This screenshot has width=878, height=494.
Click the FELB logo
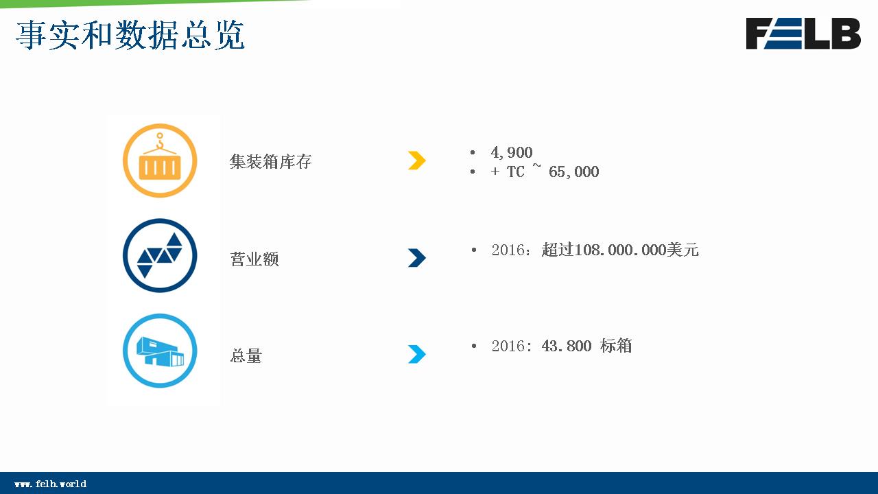803,34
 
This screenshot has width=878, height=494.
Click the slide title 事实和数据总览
130,35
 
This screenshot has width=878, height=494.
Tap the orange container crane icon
160,161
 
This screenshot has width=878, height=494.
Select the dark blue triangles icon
160,256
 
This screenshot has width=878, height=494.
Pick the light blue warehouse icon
160,351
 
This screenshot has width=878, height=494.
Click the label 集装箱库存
270,161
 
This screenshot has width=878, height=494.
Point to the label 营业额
254,259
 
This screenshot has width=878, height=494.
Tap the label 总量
246,355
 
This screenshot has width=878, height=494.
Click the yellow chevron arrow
416,161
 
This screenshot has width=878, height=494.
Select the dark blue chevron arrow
416,257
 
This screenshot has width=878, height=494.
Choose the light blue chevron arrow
416,354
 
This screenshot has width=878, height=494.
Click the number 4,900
512,152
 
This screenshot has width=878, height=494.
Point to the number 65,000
574,172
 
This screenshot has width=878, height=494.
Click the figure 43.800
567,346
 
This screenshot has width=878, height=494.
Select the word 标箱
616,346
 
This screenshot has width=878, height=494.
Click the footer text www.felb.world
51,484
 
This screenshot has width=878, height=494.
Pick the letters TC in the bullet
515,172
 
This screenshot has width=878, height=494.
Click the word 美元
683,250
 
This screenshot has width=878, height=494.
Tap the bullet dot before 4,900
473,152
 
